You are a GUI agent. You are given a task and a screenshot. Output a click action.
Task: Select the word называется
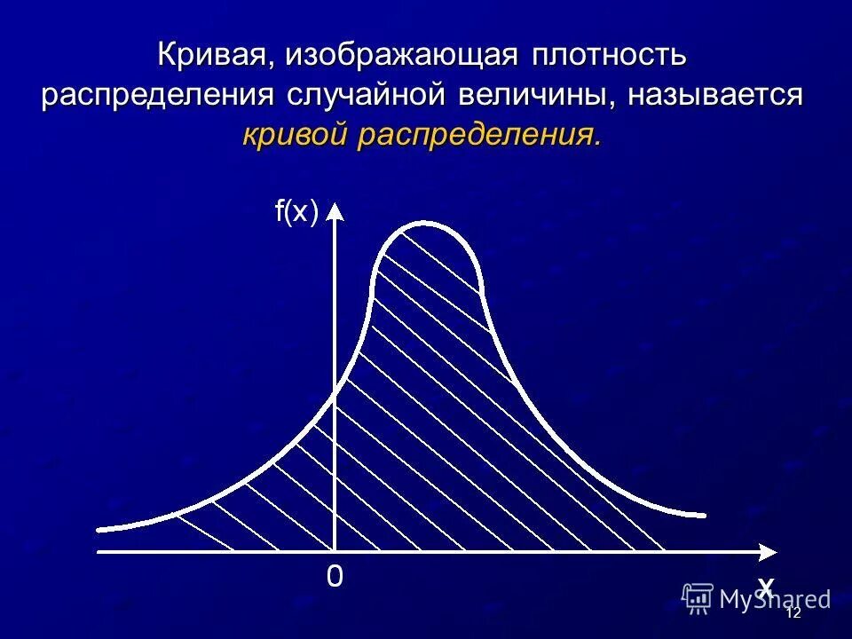pos(715,96)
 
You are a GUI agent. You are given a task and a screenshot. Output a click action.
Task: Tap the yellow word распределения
pos(479,136)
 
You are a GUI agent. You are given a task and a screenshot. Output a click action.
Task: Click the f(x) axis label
pos(296,212)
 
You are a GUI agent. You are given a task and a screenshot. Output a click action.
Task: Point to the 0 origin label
pos(334,578)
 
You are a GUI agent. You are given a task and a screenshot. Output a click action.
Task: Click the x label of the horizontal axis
pos(765,585)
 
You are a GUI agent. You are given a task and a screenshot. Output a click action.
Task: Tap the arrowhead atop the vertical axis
pos(335,211)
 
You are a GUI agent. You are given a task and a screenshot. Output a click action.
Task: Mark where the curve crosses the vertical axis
pos(335,397)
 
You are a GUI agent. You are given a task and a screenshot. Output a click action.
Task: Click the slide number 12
pos(793,613)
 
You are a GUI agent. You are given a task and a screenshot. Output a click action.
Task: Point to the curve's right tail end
pos(705,515)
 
